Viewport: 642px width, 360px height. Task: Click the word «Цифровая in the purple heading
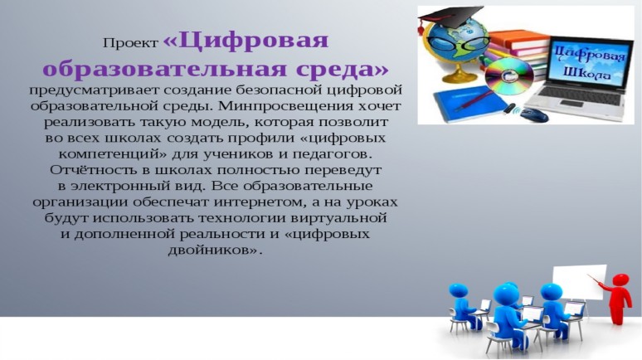coord(246,41)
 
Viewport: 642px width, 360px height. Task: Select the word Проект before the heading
coord(130,43)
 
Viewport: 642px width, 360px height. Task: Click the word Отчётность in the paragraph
coord(87,170)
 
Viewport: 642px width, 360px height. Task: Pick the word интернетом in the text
coord(260,202)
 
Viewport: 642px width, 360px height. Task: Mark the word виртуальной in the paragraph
coord(338,218)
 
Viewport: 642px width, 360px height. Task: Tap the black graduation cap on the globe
coord(450,16)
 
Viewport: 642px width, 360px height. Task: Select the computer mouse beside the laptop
coord(535,114)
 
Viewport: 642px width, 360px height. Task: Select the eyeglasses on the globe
coord(458,43)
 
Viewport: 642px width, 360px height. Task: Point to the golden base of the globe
coord(456,76)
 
